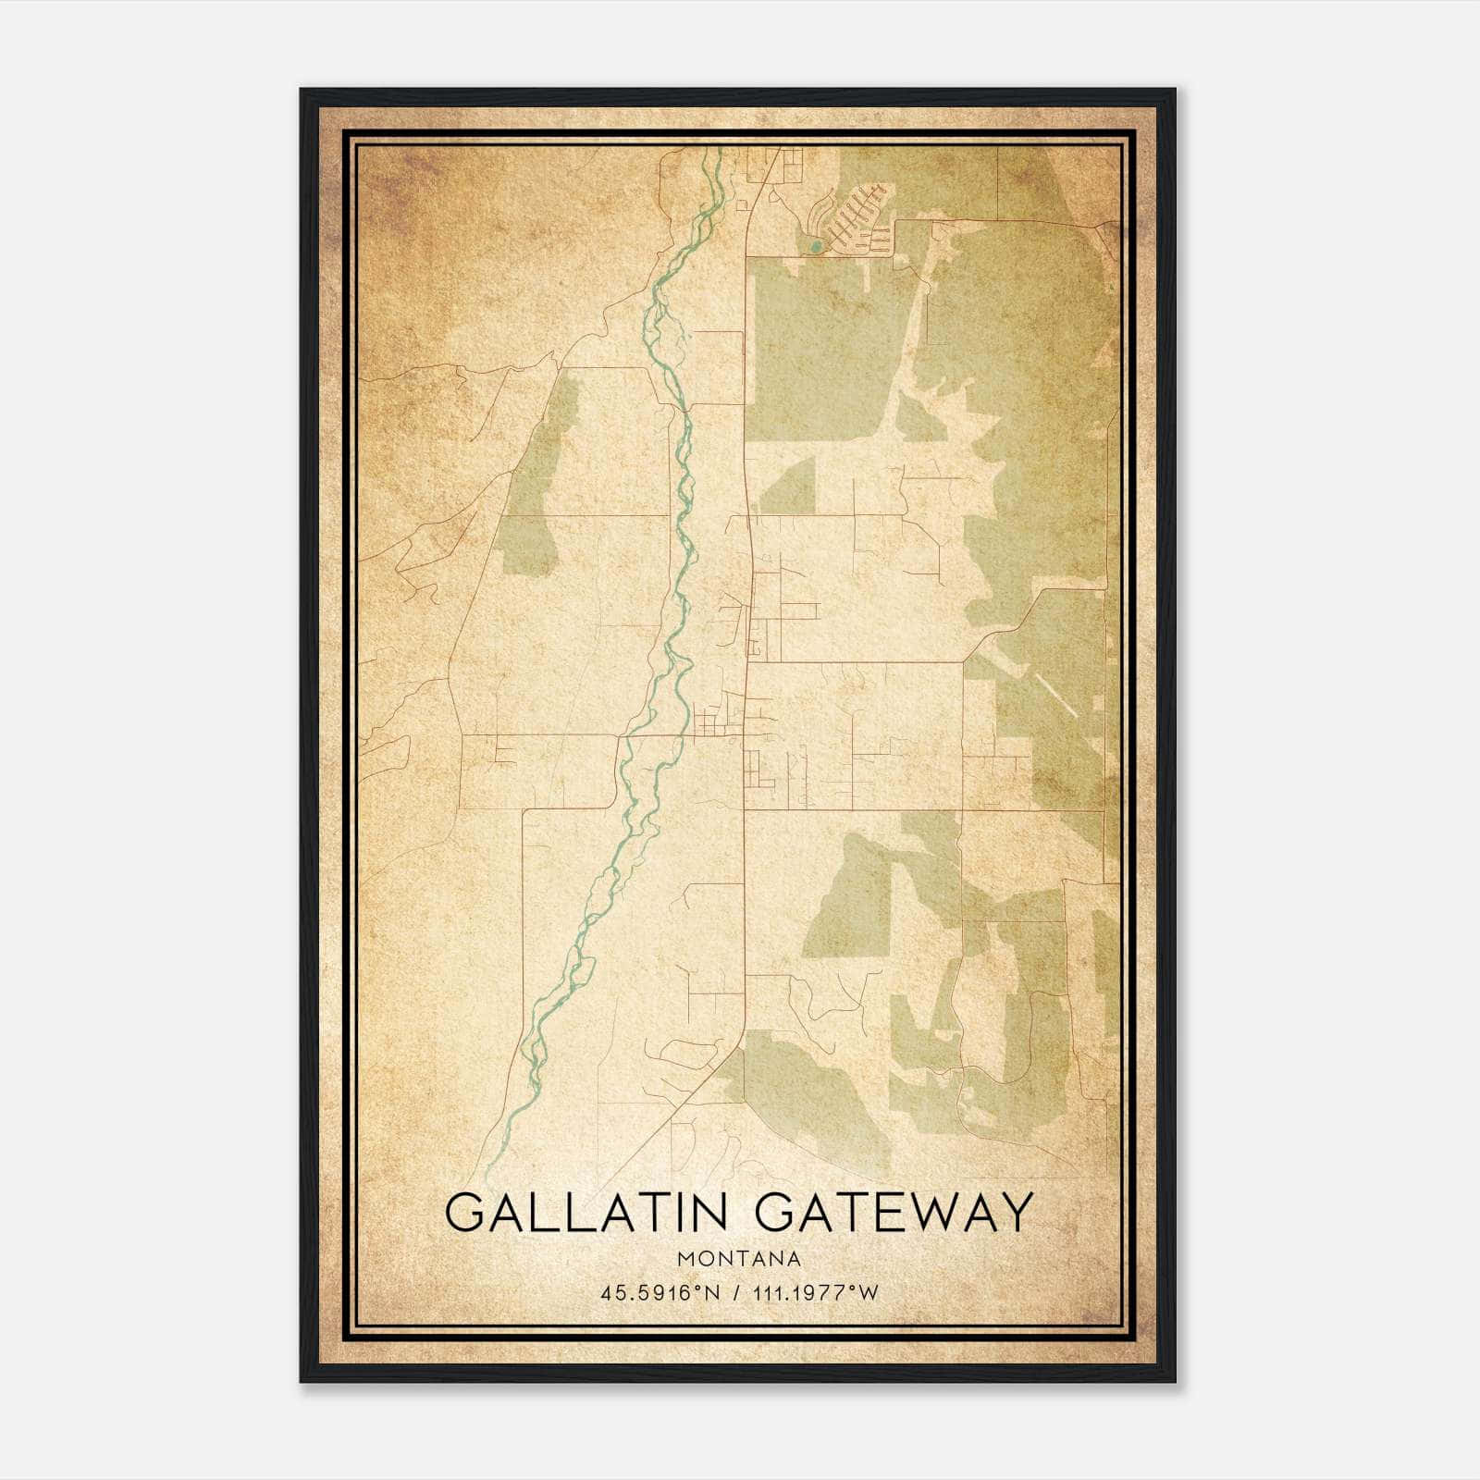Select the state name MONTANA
739,1258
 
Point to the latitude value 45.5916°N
660,1293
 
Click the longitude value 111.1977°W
814,1293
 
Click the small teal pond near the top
814,246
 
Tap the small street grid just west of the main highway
712,721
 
